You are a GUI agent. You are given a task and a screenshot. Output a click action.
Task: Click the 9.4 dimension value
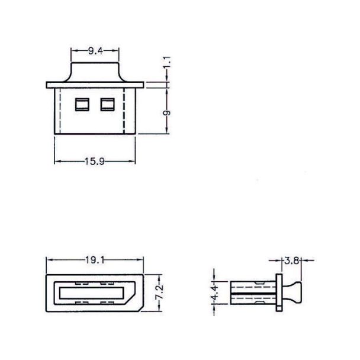click(95, 51)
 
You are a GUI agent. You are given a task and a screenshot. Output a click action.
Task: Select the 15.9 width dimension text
click(95, 162)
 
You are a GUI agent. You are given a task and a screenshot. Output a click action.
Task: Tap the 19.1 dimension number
click(95, 260)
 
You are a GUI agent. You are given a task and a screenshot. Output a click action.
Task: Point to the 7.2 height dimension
click(159, 291)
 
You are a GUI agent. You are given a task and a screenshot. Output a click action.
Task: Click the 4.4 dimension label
click(215, 292)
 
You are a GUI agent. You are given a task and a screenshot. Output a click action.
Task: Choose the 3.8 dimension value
click(291, 261)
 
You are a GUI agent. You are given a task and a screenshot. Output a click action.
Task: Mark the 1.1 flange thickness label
click(167, 62)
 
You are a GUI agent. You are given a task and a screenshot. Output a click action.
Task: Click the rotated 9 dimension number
click(167, 112)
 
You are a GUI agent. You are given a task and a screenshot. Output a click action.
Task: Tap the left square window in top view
click(82, 104)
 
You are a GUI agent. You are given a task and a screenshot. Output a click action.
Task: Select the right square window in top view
click(107, 104)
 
